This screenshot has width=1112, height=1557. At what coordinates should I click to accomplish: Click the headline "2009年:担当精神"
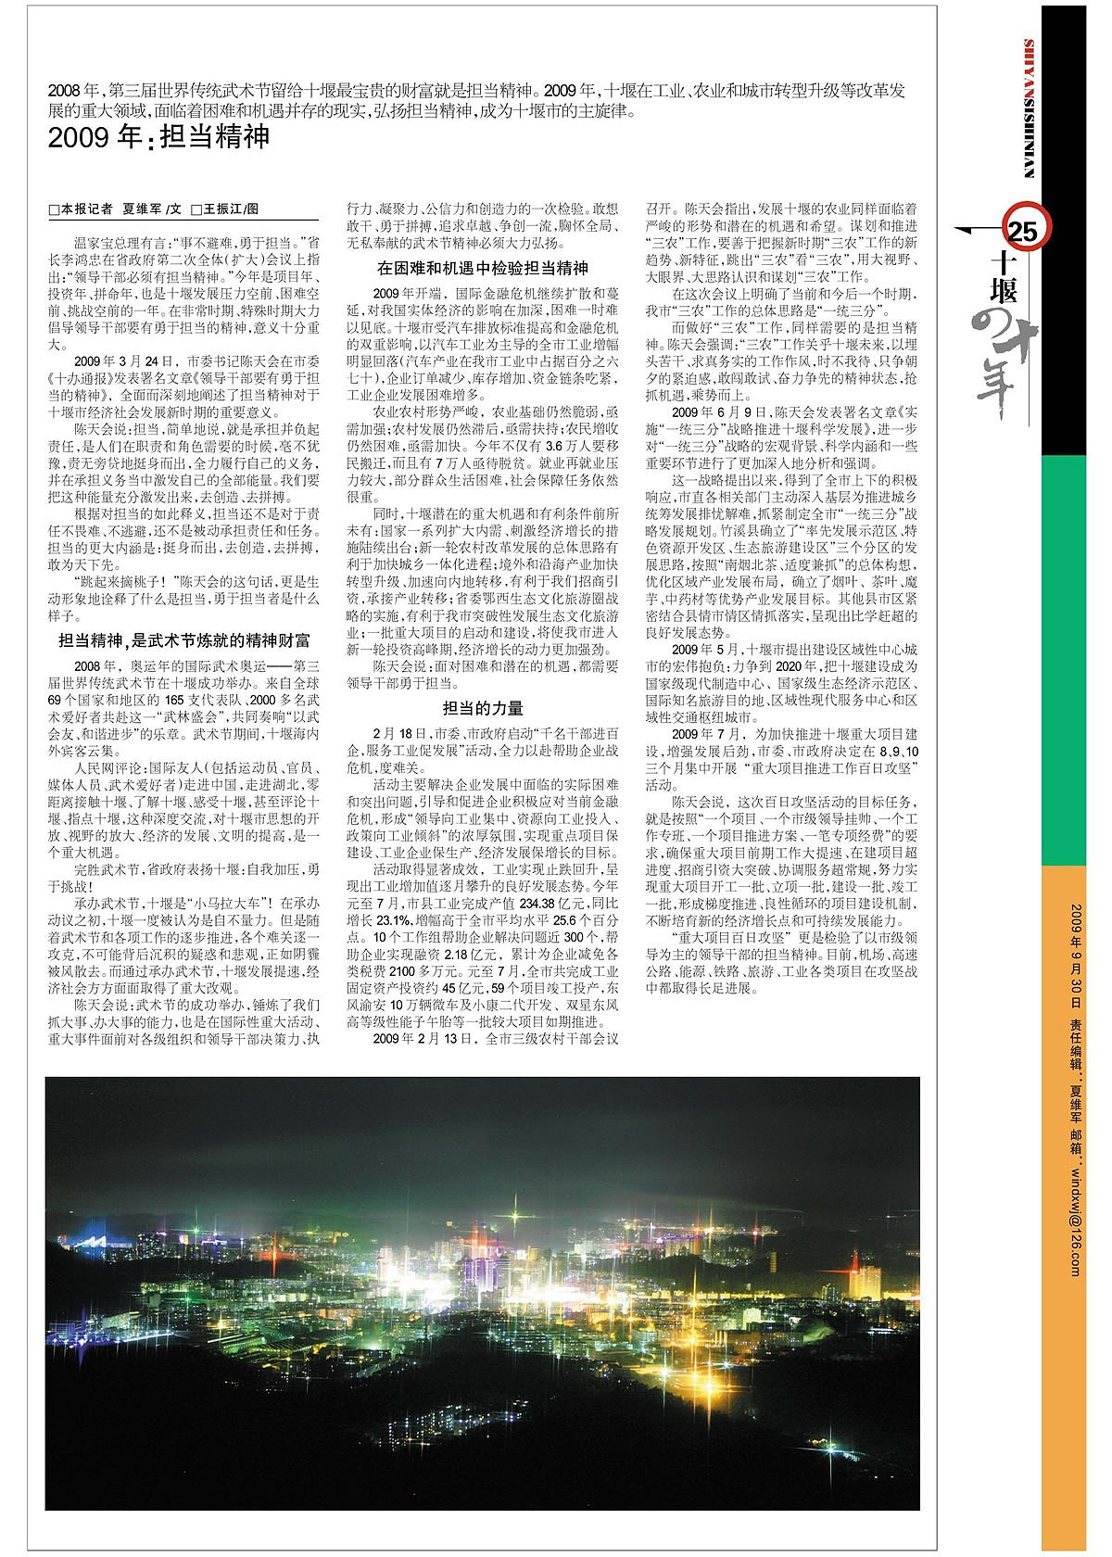pos(158,138)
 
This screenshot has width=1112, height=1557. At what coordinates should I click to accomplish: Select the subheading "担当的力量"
pos(483,709)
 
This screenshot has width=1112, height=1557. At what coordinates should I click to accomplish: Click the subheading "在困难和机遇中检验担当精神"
pos(483,268)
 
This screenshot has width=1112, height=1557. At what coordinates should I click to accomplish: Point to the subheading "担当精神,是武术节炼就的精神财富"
pos(184,640)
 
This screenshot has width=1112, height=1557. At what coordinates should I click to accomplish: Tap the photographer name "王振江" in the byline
pos(223,210)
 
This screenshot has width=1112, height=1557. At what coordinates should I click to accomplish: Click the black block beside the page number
pos(1075,278)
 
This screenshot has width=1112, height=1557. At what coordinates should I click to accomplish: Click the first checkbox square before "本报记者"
pos(54,210)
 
